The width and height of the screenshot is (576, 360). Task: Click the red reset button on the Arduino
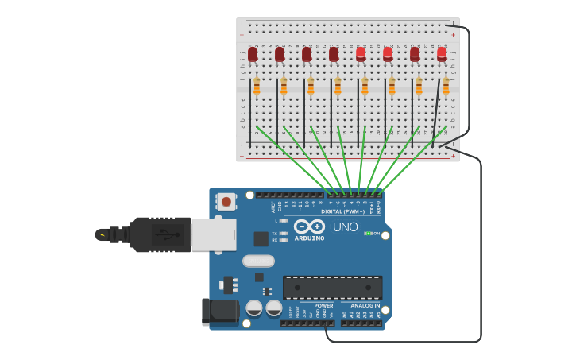pos(226,202)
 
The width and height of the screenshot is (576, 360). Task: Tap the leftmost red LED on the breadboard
pos(253,54)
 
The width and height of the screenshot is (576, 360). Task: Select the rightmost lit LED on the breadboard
pos(442,54)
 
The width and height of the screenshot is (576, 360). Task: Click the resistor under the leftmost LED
pos(257,86)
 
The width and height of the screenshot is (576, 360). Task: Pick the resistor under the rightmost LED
pos(446,86)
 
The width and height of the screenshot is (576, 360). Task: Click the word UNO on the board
pos(345,227)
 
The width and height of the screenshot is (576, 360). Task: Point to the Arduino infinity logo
pos(309,226)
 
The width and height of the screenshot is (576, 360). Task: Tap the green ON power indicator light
pos(368,233)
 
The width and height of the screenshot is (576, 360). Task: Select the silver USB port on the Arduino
pos(213,234)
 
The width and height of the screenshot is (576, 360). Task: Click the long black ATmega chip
pos(332,288)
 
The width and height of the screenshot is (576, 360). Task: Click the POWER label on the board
pos(323,305)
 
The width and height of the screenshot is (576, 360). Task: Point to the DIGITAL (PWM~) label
pos(342,211)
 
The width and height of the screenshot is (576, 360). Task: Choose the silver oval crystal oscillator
pos(258,261)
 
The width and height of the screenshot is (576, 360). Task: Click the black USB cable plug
pos(160,234)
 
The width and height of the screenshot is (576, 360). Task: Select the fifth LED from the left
pos(361,54)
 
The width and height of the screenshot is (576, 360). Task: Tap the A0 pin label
pos(344,315)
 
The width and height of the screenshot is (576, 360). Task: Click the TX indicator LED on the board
pos(284,233)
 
